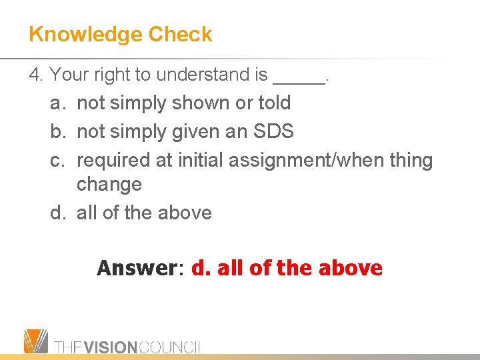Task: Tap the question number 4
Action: (x=35, y=75)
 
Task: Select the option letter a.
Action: (x=57, y=103)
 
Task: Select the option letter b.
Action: (x=57, y=131)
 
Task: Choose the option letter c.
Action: (x=57, y=161)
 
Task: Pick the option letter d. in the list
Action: (x=57, y=213)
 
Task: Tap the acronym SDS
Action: (x=273, y=131)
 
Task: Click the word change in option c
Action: (x=109, y=185)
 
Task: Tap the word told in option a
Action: (x=274, y=103)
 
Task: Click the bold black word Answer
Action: (x=135, y=268)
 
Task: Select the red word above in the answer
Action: (x=351, y=268)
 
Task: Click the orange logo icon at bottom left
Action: (x=36, y=341)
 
